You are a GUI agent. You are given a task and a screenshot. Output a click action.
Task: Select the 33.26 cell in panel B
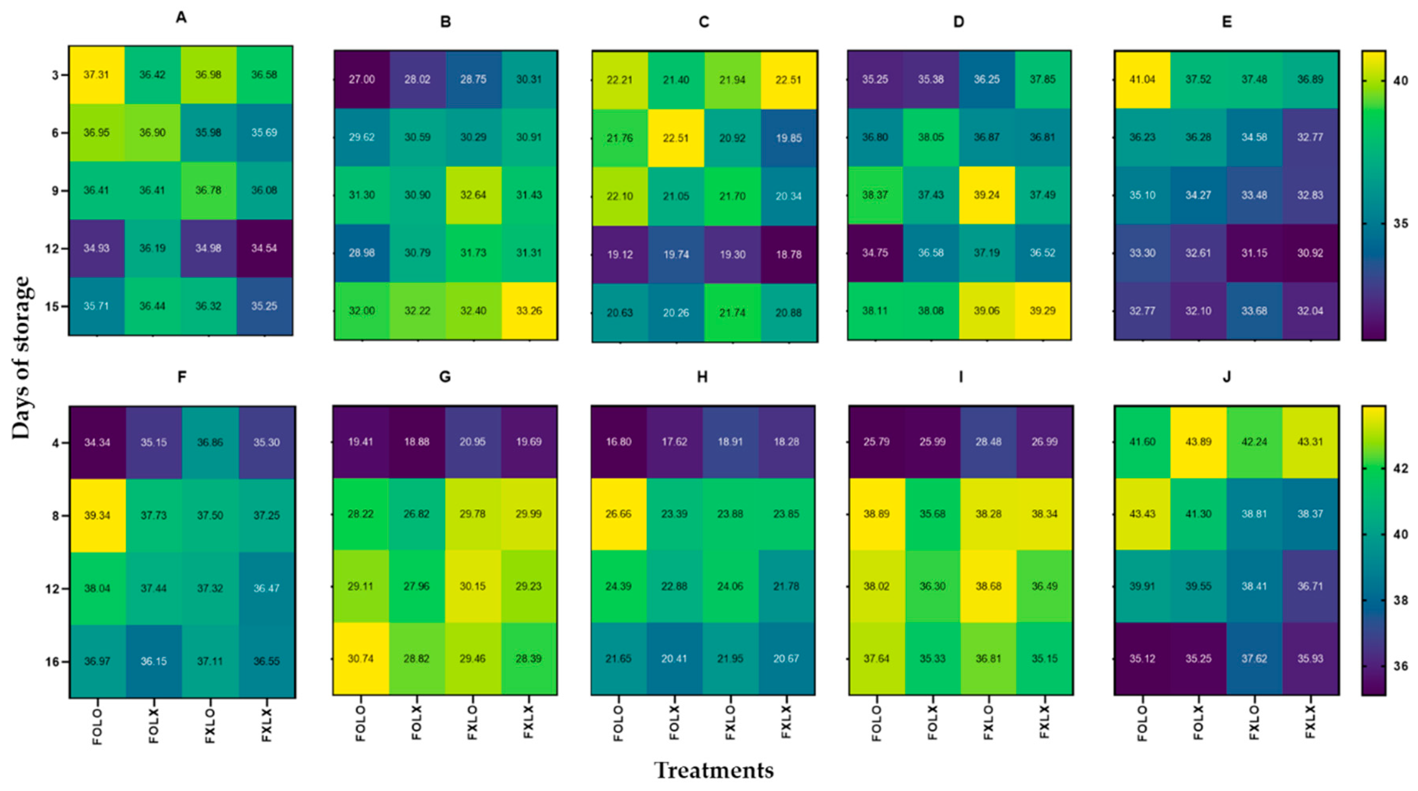[x=529, y=311]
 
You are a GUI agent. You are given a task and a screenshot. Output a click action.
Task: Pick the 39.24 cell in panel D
[x=986, y=195]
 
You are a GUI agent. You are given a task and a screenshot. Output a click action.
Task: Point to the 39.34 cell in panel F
[x=97, y=515]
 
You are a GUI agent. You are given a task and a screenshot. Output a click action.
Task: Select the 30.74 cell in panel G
[x=361, y=658]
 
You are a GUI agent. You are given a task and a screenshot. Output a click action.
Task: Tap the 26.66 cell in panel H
[x=619, y=513]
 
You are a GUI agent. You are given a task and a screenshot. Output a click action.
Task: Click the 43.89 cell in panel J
[x=1198, y=442]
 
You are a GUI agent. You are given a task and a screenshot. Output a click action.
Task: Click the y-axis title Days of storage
[x=21, y=358]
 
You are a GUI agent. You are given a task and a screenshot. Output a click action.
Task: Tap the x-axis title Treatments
[x=714, y=770]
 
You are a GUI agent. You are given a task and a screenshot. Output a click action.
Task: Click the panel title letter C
[x=704, y=22]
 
